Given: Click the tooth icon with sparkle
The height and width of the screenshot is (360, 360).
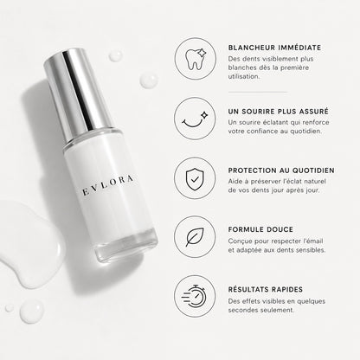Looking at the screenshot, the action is tap(196, 59).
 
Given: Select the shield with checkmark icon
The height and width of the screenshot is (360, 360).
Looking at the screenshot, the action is tap(195, 179).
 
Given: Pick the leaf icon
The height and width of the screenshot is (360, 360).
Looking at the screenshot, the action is tap(195, 237).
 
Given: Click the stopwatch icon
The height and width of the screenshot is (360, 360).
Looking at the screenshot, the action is tap(195, 296).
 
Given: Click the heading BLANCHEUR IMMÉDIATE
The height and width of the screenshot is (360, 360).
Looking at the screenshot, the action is tap(274, 48).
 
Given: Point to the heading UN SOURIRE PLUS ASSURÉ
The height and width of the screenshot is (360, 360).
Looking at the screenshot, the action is tap(279, 112).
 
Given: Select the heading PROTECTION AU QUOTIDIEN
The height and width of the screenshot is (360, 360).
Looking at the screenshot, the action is tap(281, 170).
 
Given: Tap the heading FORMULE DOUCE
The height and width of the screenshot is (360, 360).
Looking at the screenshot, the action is tap(260, 229).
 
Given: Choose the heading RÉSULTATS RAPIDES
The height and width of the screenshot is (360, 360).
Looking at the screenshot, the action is tap(266, 289).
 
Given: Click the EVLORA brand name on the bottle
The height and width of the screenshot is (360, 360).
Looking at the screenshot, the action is tap(108, 185).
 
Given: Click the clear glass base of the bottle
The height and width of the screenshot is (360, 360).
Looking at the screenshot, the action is tap(127, 245).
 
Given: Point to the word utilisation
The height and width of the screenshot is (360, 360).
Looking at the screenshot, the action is tap(244, 76).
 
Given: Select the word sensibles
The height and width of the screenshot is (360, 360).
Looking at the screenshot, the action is tap(311, 250).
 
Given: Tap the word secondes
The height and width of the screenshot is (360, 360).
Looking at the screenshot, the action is tap(242, 310).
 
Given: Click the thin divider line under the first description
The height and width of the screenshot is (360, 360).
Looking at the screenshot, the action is tap(258, 93).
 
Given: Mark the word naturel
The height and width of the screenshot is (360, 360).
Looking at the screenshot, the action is tap(314, 182).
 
